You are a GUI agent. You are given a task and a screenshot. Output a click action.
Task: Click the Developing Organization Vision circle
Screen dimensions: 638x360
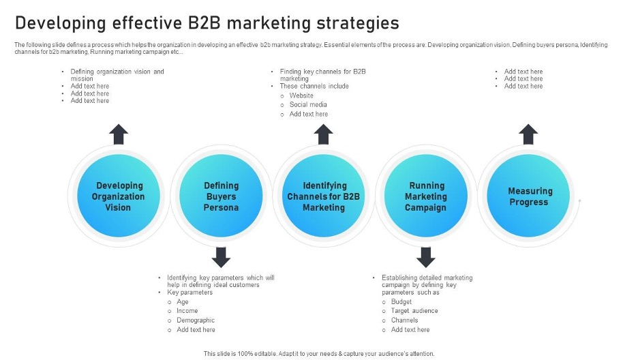tap(119, 196)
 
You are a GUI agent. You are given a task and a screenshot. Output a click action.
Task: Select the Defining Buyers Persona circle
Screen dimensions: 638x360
tap(221, 196)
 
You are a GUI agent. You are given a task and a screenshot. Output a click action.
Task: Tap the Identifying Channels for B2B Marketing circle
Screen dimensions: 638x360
tap(324, 196)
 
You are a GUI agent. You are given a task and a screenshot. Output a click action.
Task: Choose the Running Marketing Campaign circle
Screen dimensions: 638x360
tap(426, 196)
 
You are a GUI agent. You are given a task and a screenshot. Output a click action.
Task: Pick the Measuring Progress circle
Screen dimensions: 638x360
tap(528, 196)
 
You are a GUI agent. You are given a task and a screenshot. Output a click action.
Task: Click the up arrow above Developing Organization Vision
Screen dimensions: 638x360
tap(119, 134)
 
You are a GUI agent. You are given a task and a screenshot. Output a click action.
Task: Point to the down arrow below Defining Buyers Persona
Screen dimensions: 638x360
tap(221, 257)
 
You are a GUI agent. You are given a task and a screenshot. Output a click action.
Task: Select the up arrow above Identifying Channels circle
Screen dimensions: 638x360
tap(324, 134)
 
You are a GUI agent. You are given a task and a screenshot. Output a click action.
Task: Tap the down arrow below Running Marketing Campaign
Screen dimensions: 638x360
tap(426, 257)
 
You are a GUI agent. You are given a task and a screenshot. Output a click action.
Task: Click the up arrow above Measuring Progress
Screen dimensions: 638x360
tap(528, 134)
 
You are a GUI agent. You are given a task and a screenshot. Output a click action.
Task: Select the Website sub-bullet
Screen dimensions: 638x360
tap(301, 95)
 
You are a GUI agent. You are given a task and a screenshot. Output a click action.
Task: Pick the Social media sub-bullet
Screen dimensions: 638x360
tap(308, 104)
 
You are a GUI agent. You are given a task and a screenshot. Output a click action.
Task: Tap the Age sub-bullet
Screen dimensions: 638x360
tap(182, 302)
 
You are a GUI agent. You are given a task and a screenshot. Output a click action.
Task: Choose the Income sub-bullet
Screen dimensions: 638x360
tap(187, 311)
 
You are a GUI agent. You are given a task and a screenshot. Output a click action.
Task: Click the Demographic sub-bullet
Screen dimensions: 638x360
tap(196, 320)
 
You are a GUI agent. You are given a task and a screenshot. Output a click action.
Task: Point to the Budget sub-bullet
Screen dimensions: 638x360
tap(401, 302)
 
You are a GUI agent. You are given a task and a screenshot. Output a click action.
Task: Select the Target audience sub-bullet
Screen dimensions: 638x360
tap(414, 311)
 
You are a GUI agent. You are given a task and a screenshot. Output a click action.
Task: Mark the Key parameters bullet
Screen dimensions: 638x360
tap(189, 292)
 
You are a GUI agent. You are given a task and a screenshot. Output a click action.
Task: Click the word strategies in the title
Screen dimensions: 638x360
tap(358, 24)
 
